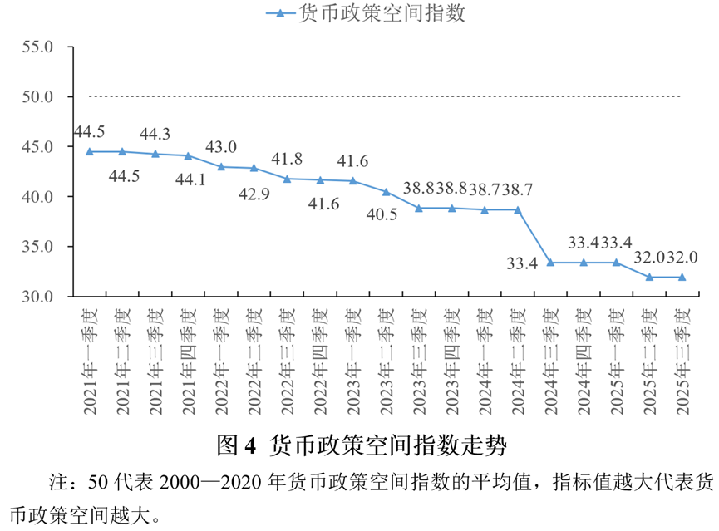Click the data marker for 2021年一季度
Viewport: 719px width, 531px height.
89,152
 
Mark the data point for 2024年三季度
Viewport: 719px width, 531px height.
550,263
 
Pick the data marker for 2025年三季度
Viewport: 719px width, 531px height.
682,277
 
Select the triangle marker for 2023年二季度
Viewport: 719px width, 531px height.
386,191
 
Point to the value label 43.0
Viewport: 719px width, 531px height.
221,147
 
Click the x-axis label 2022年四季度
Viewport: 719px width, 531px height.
321,361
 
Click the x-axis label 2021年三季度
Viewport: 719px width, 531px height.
155,361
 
